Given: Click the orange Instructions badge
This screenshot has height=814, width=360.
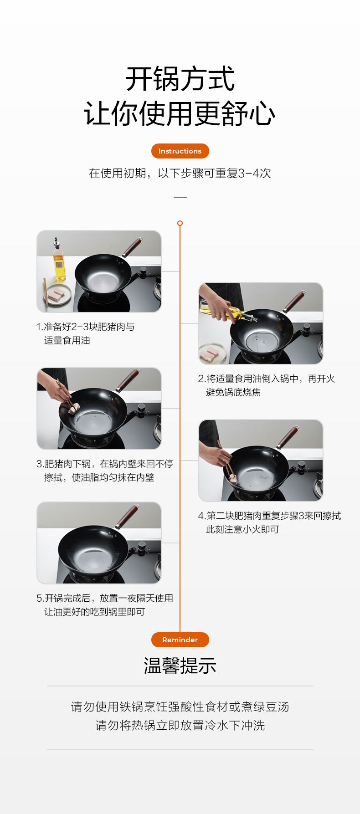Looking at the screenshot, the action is (180, 151).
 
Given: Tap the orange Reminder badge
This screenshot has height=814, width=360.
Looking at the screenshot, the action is (180, 640).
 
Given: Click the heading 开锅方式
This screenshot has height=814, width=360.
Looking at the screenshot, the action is (180, 79).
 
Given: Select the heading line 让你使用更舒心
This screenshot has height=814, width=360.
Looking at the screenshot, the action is (180, 113).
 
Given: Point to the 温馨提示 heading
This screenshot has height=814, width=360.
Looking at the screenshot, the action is (180, 666).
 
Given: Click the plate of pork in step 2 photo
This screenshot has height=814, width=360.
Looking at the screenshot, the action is (212, 353).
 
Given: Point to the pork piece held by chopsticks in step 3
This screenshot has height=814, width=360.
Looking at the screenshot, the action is (73, 408).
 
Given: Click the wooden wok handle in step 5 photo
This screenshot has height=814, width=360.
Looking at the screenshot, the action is (128, 516).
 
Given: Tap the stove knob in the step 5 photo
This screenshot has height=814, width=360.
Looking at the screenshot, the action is (142, 546).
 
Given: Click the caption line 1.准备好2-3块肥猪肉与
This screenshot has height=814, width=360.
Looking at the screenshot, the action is (85, 327).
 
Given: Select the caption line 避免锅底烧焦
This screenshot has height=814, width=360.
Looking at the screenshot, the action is (233, 392).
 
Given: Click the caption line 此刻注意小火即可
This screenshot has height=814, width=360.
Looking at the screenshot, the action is (242, 529).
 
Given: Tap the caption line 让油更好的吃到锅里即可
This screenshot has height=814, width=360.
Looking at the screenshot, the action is (95, 612).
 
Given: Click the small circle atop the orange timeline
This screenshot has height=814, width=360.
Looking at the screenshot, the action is (180, 223).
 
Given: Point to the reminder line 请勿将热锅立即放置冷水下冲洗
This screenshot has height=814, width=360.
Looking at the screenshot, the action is (180, 725).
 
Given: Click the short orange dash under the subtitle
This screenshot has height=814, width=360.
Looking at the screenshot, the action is (180, 197).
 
